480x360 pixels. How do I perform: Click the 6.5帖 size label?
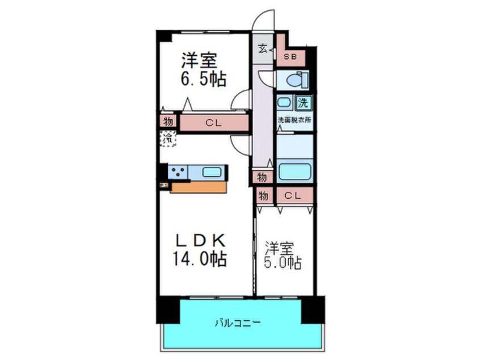pyautogui.click(x=204, y=79)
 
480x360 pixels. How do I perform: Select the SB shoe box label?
pyautogui.click(x=290, y=57)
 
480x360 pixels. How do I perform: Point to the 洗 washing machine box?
pyautogui.click(x=304, y=103)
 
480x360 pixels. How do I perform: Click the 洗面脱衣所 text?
pyautogui.click(x=294, y=120)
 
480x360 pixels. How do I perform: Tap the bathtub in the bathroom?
pyautogui.click(x=294, y=171)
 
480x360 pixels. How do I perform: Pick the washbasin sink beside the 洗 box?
pyautogui.click(x=285, y=103)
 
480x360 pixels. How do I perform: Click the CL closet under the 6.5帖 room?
pyautogui.click(x=213, y=122)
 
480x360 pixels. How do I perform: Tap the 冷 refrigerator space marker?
pyautogui.click(x=168, y=138)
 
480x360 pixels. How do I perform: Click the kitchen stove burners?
pyautogui.click(x=178, y=171)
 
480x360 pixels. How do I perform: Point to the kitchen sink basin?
pyautogui.click(x=213, y=171)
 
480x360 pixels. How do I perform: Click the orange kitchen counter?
pyautogui.click(x=198, y=187)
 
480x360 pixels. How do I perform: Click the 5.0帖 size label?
pyautogui.click(x=283, y=263)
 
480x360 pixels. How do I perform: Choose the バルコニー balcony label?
pyautogui.click(x=237, y=323)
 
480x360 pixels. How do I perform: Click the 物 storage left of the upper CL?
pyautogui.click(x=168, y=122)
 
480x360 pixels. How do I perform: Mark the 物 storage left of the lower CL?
pyautogui.click(x=263, y=196)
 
